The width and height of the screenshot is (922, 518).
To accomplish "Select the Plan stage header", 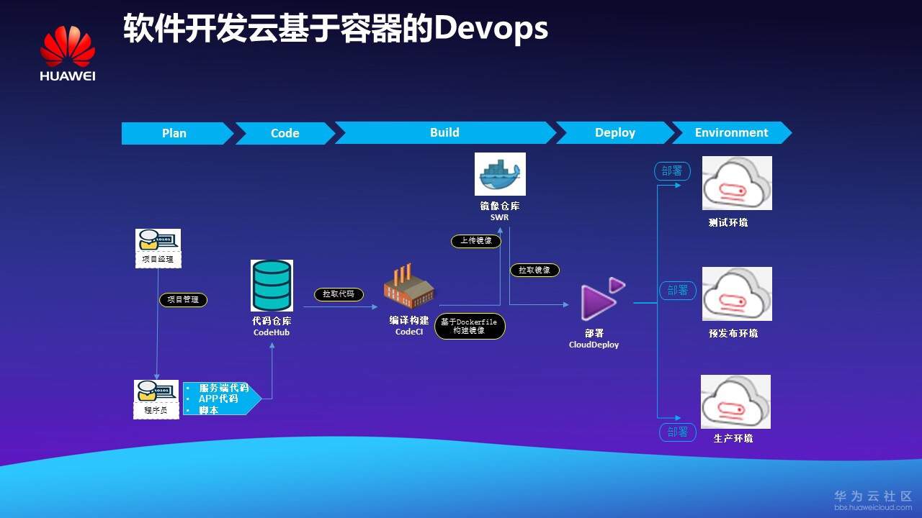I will pos(174,133).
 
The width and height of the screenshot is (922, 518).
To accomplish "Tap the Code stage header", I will pos(285,133).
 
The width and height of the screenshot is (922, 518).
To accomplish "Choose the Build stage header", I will pos(444,132).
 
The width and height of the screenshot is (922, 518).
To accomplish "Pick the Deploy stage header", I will pos(614,132).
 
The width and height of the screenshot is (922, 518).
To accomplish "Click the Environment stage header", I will pos(731,132).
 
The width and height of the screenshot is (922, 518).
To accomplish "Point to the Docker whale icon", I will pos(500,174).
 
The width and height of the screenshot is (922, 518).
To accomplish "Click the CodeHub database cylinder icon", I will pos(272,286).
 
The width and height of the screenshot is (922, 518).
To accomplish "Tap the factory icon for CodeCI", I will pos(408,286).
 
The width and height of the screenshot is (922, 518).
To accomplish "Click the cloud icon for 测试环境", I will pos(737,183).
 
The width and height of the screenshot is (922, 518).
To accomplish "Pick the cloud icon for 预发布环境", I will pos(737,294).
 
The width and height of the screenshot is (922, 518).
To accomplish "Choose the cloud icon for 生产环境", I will pos(735,401).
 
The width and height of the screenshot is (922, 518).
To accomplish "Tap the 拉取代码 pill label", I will pos(339,294).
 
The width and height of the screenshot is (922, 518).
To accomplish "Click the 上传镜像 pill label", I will pos(475,241).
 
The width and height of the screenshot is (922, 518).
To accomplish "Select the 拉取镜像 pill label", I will pos(534,270).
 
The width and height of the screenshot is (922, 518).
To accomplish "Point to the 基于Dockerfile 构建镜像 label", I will pos(470,326).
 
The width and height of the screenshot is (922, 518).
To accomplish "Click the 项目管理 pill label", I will pos(183,299).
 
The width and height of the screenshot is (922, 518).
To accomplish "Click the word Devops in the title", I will pos(491,29).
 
